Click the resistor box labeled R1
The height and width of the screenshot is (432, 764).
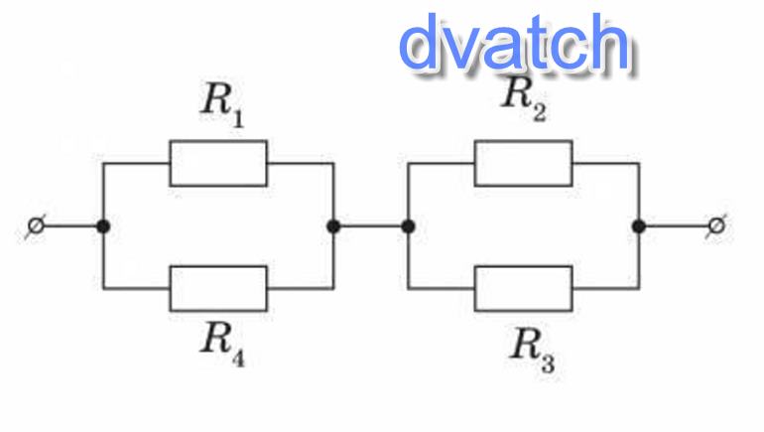(x=217, y=163)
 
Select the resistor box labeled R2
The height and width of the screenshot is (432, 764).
(x=523, y=163)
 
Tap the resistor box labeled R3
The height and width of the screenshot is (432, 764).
(x=523, y=288)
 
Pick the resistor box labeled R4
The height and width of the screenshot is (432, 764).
(x=217, y=288)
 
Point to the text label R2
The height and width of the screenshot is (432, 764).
(x=523, y=97)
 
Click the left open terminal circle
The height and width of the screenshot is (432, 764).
(x=36, y=226)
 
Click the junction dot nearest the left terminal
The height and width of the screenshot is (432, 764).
(x=102, y=226)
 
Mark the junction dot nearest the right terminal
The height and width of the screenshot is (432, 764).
(x=639, y=226)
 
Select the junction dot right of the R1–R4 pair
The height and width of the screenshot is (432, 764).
(x=333, y=226)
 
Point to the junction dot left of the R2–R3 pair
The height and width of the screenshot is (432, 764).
(x=408, y=226)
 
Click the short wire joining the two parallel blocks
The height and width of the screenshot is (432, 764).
(x=371, y=226)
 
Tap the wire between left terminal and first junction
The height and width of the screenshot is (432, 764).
(x=69, y=226)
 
